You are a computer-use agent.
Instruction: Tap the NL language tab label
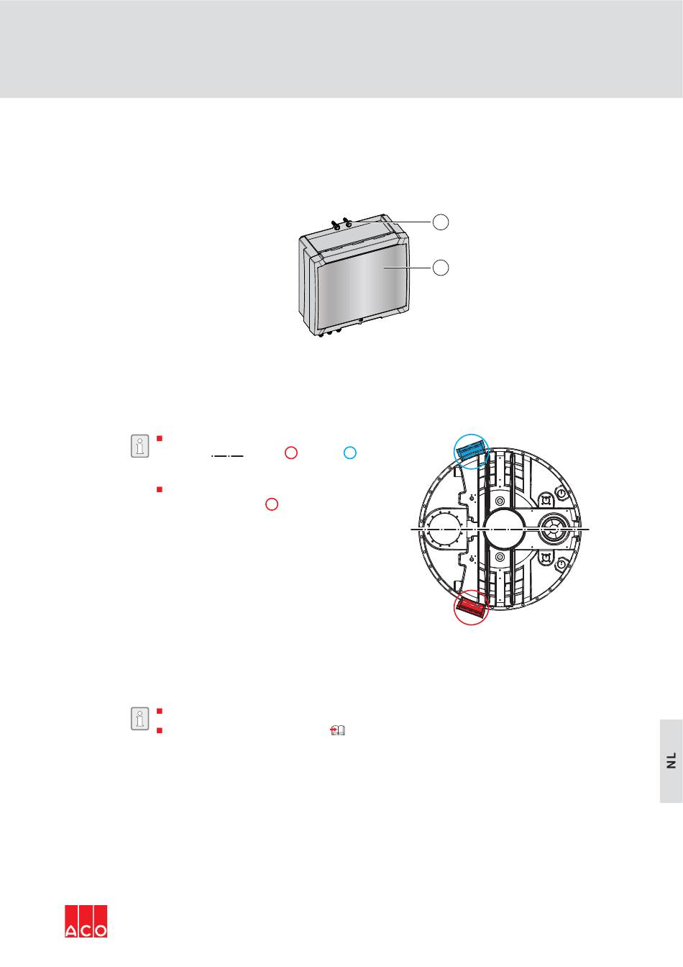(x=671, y=761)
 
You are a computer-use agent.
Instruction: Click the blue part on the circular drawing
(x=471, y=450)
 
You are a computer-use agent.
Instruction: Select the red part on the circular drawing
(x=471, y=605)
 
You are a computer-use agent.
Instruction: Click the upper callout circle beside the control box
(x=441, y=222)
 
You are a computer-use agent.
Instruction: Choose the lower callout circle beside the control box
(x=441, y=268)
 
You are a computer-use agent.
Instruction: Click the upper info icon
(x=139, y=446)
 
